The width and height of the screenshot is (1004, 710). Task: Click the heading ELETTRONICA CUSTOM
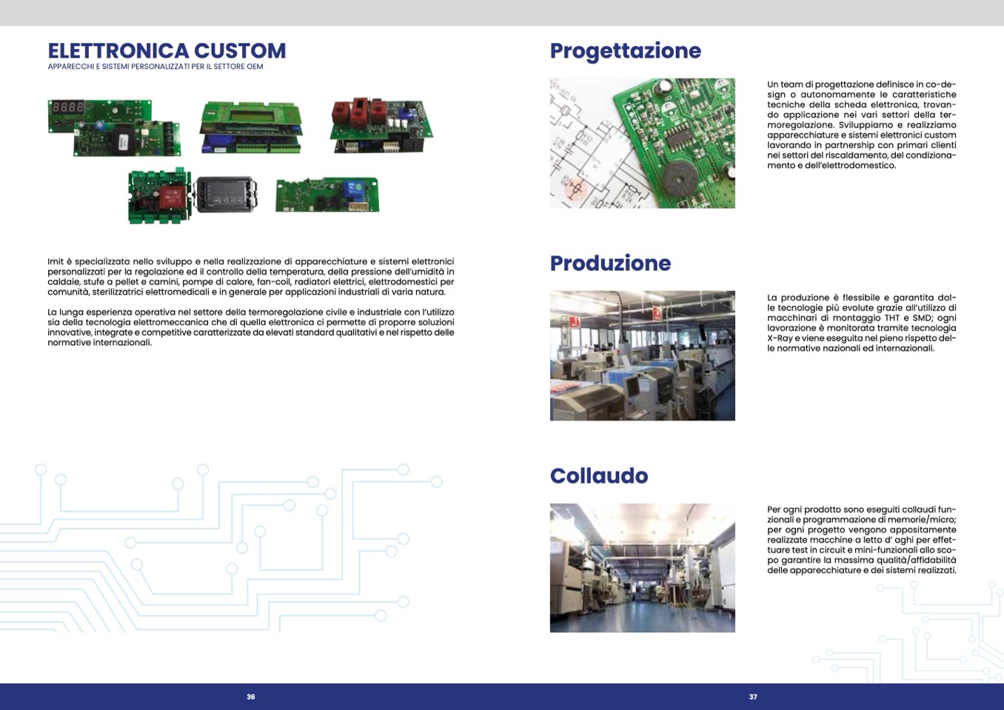(x=167, y=50)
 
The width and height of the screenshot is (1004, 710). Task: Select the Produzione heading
(x=610, y=263)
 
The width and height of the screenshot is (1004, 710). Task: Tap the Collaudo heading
(x=599, y=475)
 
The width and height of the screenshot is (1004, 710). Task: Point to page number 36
(x=250, y=697)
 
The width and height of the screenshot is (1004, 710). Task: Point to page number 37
(x=753, y=697)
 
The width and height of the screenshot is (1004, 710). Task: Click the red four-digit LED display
(x=67, y=107)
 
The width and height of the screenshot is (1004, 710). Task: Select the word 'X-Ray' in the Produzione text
(x=780, y=338)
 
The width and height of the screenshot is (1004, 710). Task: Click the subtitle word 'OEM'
(x=255, y=67)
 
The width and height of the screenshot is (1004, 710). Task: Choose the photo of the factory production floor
(x=642, y=355)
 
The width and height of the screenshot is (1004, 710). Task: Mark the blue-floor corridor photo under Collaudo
(x=642, y=567)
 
